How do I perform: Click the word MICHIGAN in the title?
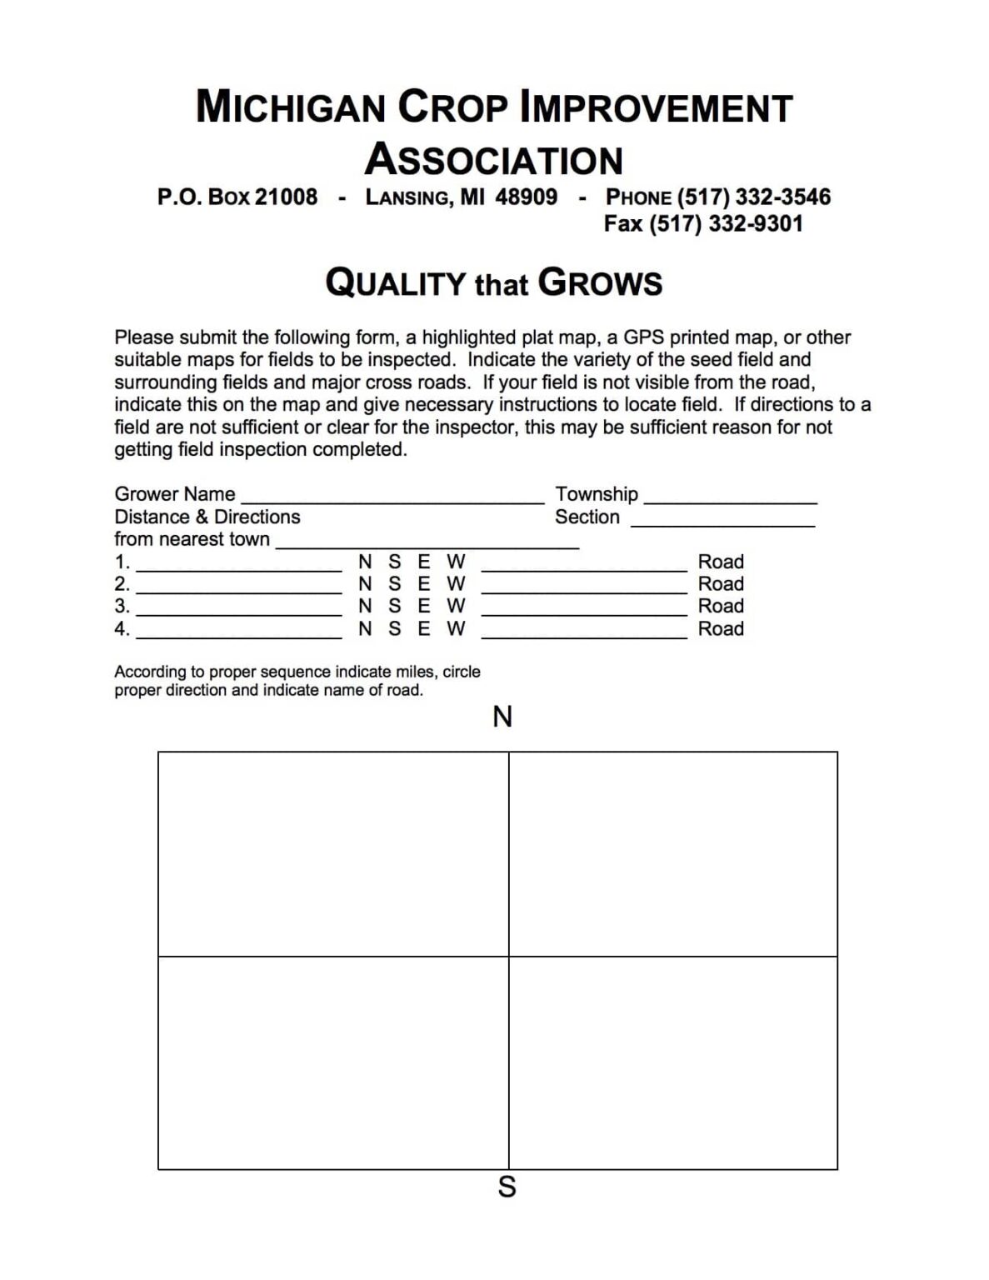pyautogui.click(x=291, y=107)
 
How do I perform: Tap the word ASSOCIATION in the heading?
pyautogui.click(x=494, y=159)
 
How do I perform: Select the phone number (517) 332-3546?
pyautogui.click(x=753, y=197)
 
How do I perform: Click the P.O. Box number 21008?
pyautogui.click(x=286, y=197)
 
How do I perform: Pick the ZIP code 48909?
pyautogui.click(x=527, y=197)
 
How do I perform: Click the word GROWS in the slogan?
pyautogui.click(x=600, y=283)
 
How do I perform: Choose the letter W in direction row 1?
pyautogui.click(x=456, y=562)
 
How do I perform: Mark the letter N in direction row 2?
pyautogui.click(x=365, y=584)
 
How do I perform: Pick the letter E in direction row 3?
pyautogui.click(x=424, y=607)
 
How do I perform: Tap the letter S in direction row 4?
pyautogui.click(x=394, y=629)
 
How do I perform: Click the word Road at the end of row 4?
pyautogui.click(x=721, y=629)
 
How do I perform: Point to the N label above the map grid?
pyautogui.click(x=502, y=717)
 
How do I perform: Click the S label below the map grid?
pyautogui.click(x=507, y=1187)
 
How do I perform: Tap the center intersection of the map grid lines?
pyautogui.click(x=508, y=956)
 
